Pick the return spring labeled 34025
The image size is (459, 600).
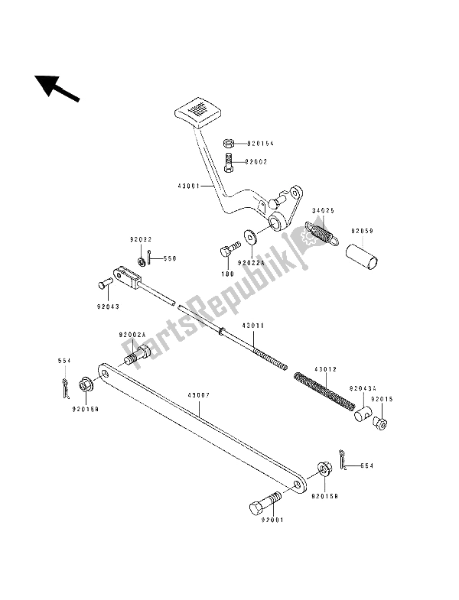click(321, 231)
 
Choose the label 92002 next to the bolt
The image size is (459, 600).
click(257, 162)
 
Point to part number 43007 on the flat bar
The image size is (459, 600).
click(198, 396)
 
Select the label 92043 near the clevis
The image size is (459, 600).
click(107, 307)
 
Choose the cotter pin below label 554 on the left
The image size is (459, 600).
click(67, 387)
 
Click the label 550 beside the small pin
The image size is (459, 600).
click(169, 259)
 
